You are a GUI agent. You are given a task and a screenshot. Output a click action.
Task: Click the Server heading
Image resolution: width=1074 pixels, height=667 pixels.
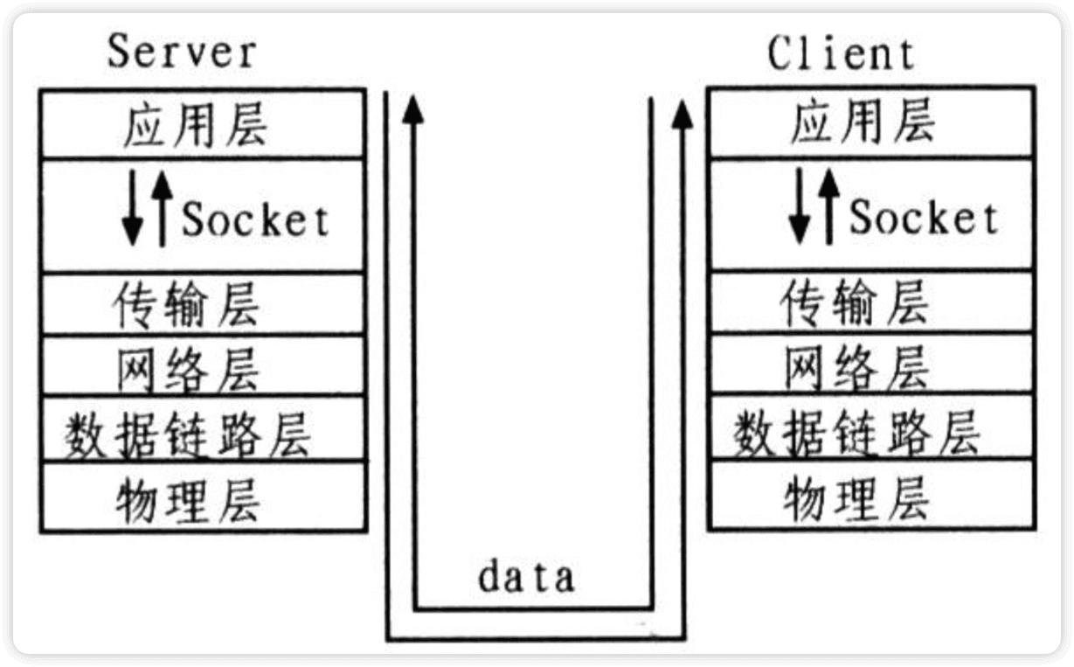182,52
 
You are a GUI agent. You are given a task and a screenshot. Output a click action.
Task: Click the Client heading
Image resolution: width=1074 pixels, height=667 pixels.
842,54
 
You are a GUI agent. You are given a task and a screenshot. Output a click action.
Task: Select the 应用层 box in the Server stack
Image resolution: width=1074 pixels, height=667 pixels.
202,124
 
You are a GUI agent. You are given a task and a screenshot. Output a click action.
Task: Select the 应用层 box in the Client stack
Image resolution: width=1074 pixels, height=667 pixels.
871,122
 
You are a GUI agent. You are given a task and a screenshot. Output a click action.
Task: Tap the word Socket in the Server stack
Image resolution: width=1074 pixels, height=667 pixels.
255,220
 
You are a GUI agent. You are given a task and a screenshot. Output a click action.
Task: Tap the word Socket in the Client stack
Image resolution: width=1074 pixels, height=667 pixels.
924,218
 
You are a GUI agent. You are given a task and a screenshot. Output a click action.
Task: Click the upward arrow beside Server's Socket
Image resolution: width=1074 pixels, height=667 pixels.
161,208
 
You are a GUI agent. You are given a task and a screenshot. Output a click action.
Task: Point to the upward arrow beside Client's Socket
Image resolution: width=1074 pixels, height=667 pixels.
828,205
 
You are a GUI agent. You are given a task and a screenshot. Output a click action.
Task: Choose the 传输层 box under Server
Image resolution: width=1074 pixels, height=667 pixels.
202,303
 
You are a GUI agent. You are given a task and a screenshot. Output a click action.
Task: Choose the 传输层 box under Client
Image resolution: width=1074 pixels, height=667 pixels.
871,302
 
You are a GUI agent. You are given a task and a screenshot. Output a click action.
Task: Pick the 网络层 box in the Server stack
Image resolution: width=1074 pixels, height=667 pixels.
202,365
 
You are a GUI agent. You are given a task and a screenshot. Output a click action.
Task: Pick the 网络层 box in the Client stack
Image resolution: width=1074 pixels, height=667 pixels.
871,364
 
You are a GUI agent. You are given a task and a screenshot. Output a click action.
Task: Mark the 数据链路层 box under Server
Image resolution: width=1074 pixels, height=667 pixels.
202,429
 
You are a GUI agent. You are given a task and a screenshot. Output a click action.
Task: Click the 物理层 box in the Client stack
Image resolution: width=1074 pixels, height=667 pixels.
871,495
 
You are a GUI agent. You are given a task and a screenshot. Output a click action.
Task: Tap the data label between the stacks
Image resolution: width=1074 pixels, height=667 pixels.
526,577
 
